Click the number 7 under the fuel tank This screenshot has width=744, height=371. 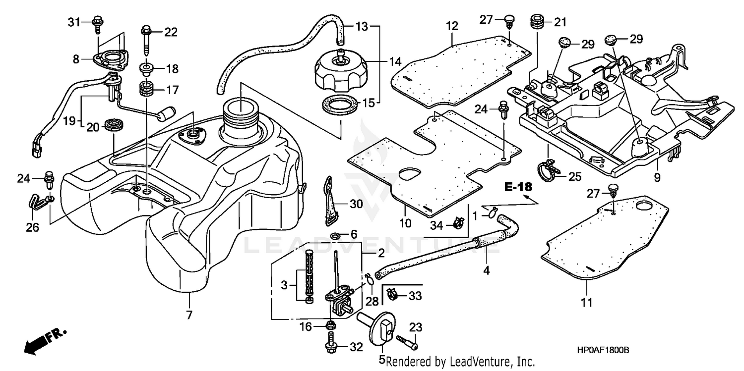(x=189, y=315)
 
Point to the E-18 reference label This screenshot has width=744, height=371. (x=518, y=187)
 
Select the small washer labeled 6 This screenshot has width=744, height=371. (x=335, y=234)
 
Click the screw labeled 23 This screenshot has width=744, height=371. (x=407, y=340)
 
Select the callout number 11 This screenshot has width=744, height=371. (x=587, y=302)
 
